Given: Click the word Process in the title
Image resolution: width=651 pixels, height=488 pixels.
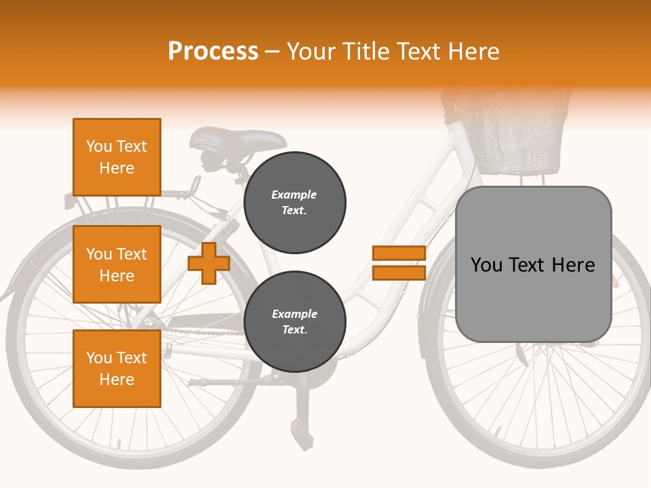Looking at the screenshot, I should [213, 52].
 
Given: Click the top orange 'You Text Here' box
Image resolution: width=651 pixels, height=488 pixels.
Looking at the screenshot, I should [117, 157].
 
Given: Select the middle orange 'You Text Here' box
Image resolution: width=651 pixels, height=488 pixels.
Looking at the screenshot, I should [117, 264].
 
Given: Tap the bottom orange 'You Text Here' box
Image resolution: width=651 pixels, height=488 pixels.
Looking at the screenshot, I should [117, 369].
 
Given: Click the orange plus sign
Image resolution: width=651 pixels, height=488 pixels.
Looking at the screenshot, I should [208, 263].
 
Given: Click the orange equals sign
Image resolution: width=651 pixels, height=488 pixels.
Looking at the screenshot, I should [399, 263].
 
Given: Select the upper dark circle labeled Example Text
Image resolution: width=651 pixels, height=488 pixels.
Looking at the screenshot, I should [294, 203].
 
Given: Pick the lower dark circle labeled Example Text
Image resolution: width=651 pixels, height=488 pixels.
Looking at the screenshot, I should [294, 322].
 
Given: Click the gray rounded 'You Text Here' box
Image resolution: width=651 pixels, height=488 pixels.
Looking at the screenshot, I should [533, 264].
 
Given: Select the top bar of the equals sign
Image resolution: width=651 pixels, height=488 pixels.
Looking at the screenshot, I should [399, 253].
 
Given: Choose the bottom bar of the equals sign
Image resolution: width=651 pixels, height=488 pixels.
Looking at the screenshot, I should [399, 272].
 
